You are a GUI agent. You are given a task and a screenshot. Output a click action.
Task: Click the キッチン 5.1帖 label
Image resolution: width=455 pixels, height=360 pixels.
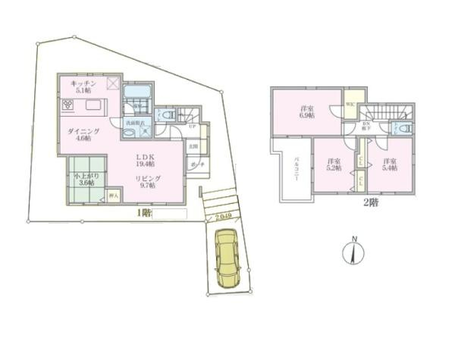pyautogui.click(x=83, y=85)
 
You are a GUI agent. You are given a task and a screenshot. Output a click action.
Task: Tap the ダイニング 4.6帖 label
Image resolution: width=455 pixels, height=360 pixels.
pyautogui.click(x=79, y=135)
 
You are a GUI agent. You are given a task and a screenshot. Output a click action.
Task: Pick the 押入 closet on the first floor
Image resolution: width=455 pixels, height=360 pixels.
pyautogui.click(x=113, y=196)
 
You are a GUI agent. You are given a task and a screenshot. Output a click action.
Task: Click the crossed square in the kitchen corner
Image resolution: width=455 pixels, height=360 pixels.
pyautogui.click(x=113, y=83)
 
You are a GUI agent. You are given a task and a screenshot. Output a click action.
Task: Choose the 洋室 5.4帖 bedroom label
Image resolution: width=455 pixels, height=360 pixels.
pyautogui.click(x=390, y=166)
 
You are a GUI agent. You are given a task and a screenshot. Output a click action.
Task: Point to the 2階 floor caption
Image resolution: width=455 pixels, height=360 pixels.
pyautogui.click(x=369, y=202)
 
